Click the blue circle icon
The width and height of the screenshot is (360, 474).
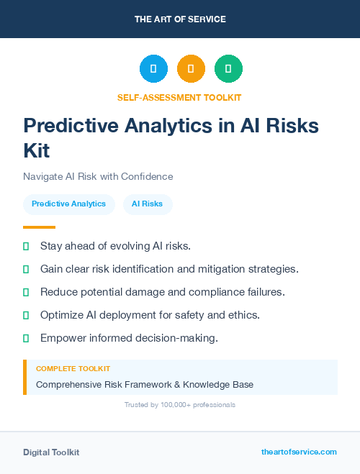click(153, 69)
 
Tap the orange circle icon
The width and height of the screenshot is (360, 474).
click(191, 69)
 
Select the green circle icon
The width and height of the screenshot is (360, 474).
click(228, 69)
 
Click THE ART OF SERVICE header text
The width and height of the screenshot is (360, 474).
click(180, 19)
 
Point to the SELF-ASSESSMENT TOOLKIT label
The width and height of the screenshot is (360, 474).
click(179, 97)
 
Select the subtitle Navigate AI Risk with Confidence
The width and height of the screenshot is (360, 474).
click(98, 176)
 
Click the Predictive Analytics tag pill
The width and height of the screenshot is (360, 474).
click(68, 204)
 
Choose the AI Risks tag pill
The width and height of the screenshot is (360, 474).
click(147, 204)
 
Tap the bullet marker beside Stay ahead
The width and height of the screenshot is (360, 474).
click(26, 246)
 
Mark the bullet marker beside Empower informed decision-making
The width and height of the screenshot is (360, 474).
click(26, 338)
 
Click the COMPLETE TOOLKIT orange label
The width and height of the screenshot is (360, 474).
click(73, 368)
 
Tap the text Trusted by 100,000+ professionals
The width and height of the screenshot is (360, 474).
click(180, 405)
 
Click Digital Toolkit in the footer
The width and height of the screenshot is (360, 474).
click(51, 452)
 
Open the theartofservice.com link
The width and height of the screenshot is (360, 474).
click(299, 452)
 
